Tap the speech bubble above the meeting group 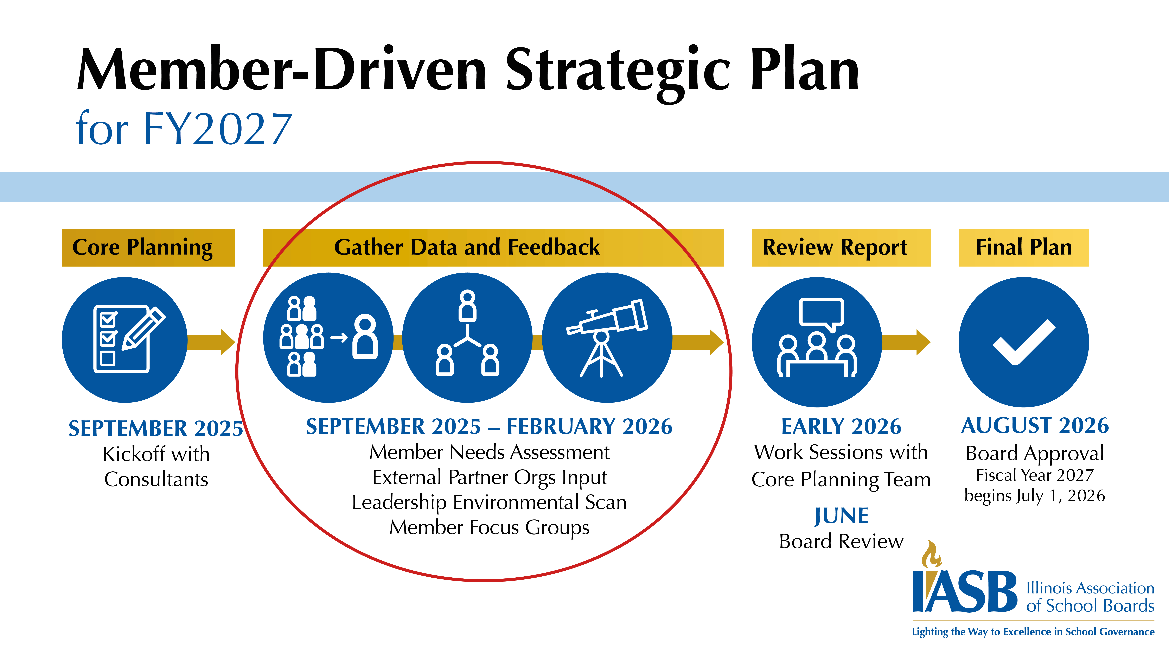pyautogui.click(x=821, y=313)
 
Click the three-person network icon pyautogui.click(x=467, y=336)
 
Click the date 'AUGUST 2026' pyautogui.click(x=1035, y=425)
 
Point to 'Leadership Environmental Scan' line pyautogui.click(x=489, y=502)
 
